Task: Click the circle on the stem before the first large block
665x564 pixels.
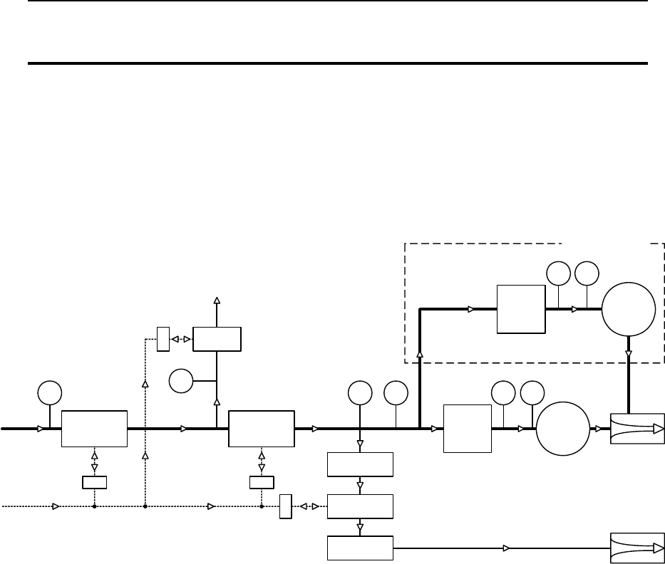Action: pyautogui.click(x=49, y=392)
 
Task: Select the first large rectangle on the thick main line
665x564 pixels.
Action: pyautogui.click(x=94, y=429)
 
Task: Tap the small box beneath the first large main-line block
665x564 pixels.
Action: pyautogui.click(x=94, y=483)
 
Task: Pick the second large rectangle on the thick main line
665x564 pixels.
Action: pyautogui.click(x=261, y=429)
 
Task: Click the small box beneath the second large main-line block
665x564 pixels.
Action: pyautogui.click(x=261, y=483)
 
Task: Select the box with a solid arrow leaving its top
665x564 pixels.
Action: pyautogui.click(x=217, y=339)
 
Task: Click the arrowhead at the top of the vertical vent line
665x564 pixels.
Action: pyautogui.click(x=217, y=301)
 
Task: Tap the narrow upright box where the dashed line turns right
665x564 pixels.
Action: pyautogui.click(x=163, y=339)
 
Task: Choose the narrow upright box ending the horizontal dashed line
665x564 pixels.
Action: pyautogui.click(x=286, y=506)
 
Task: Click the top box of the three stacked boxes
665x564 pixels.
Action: pyautogui.click(x=360, y=464)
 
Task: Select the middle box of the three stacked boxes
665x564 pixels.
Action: pyautogui.click(x=360, y=506)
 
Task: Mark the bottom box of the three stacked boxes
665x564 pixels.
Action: pyautogui.click(x=360, y=548)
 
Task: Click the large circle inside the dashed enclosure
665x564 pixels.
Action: pyautogui.click(x=629, y=309)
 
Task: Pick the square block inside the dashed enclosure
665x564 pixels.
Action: pyautogui.click(x=521, y=309)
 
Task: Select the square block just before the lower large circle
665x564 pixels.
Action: pyautogui.click(x=468, y=429)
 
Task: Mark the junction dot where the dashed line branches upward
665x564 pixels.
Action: pyautogui.click(x=145, y=506)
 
